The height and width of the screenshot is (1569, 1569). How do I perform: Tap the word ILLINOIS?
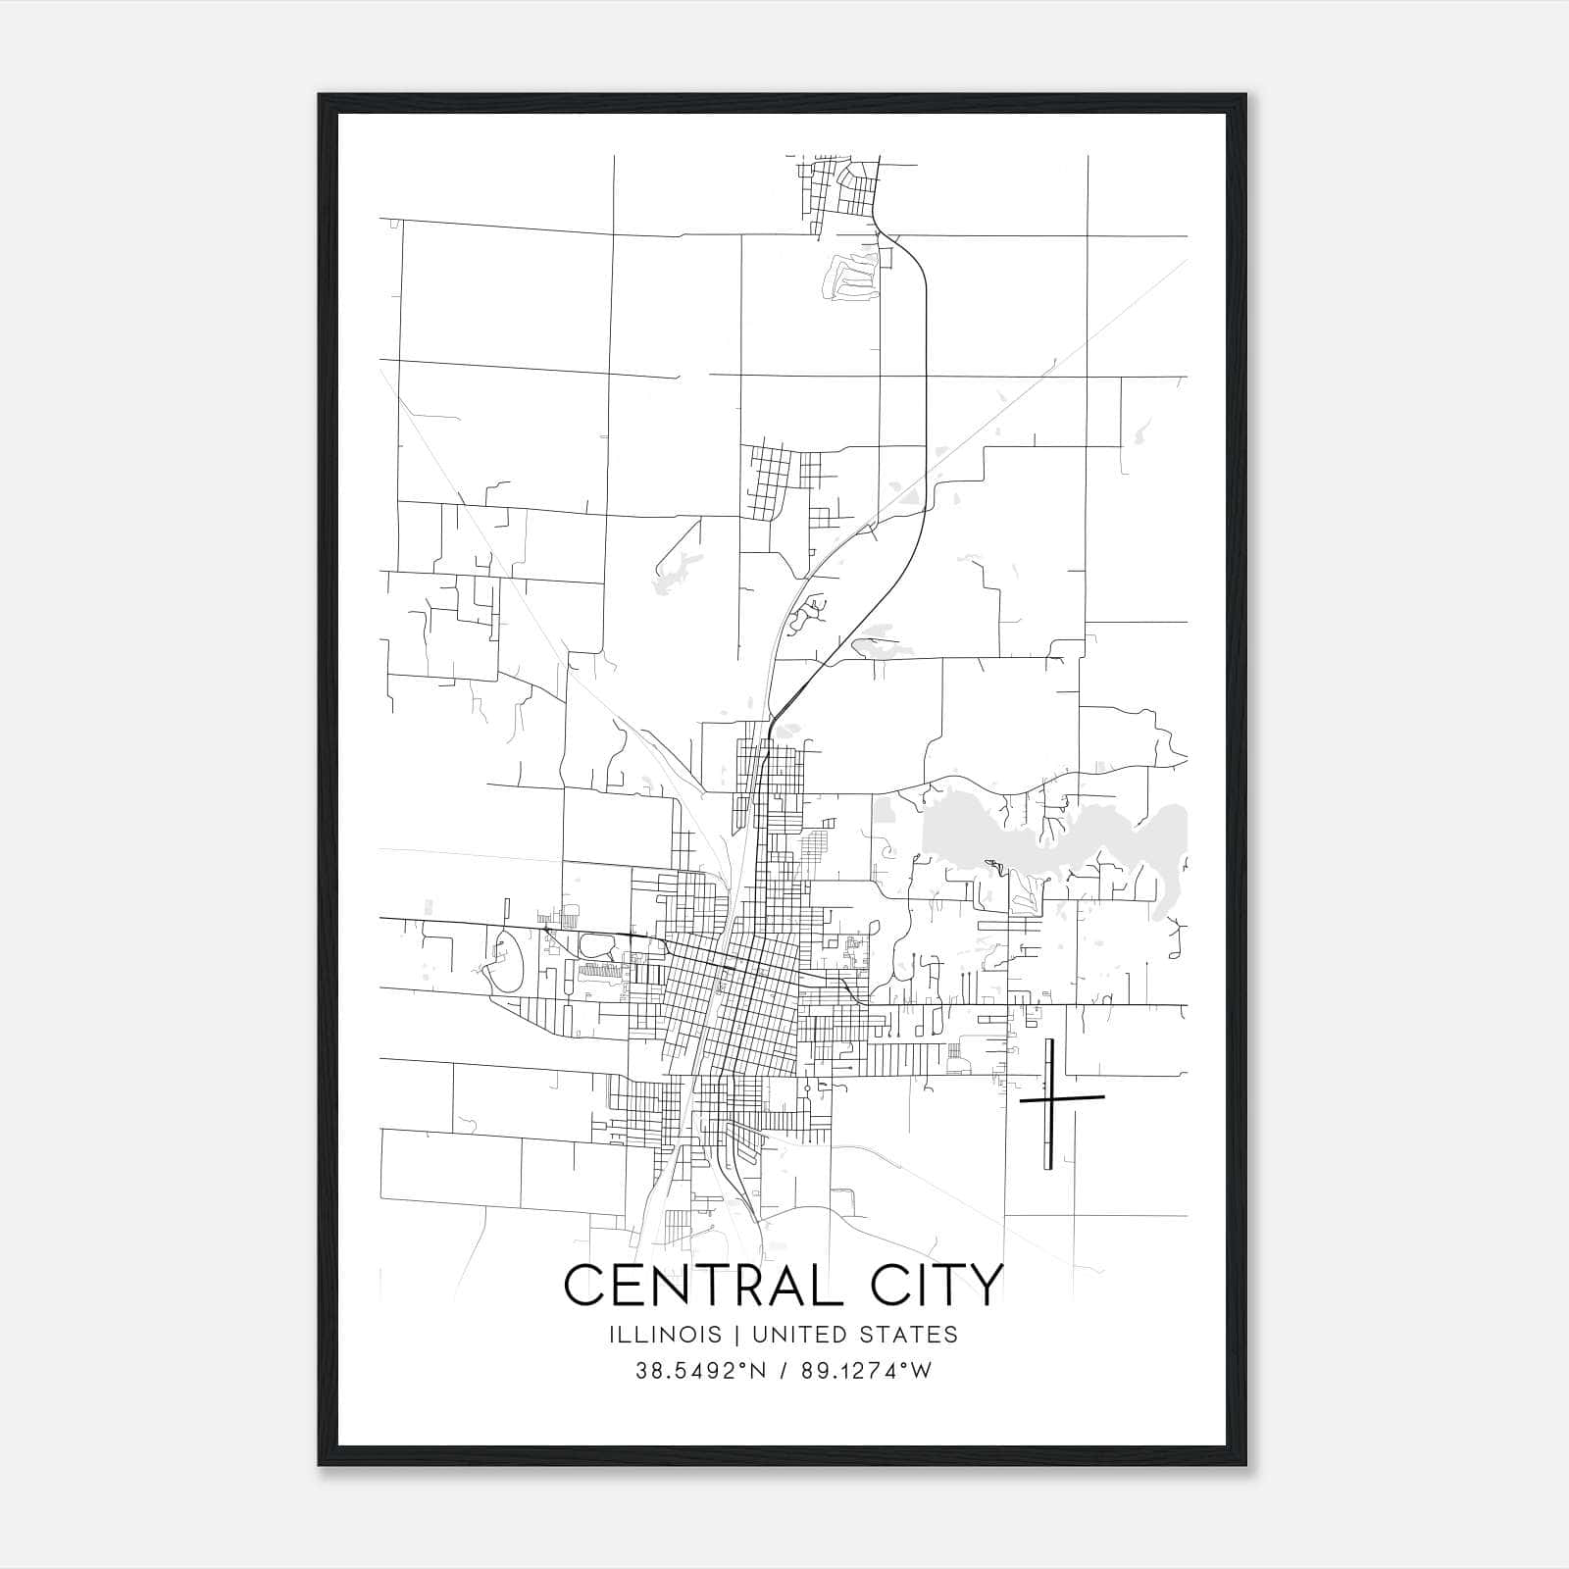tap(665, 1335)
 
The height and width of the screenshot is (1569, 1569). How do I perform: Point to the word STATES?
tap(907, 1335)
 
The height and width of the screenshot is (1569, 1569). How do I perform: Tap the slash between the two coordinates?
tap(782, 1371)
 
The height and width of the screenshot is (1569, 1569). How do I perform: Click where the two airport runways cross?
tap(1049, 1100)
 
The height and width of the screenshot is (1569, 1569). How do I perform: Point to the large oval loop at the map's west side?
tap(506, 962)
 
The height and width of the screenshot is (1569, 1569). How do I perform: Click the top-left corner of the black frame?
tap(321, 96)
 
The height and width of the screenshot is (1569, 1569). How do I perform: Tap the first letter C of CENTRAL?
tap(581, 1285)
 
